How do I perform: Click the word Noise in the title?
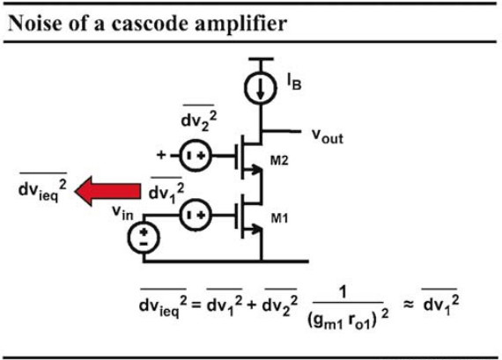(x=34, y=24)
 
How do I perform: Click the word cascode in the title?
(x=150, y=24)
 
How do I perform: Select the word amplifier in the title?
(x=240, y=25)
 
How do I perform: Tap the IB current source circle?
(x=261, y=87)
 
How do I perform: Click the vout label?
(x=328, y=136)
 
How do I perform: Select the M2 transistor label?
(x=279, y=160)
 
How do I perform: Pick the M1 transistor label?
(x=279, y=218)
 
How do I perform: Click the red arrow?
(x=107, y=191)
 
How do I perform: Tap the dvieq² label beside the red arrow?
(x=42, y=187)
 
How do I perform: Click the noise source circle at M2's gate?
(x=196, y=156)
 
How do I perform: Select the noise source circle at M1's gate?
(x=196, y=215)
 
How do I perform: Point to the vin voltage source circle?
(x=143, y=238)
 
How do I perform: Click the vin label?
(x=122, y=211)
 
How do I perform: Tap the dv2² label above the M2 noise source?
(x=198, y=119)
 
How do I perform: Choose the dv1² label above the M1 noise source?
(x=166, y=190)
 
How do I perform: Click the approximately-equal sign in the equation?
(x=408, y=305)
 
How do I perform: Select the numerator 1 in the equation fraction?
(x=344, y=293)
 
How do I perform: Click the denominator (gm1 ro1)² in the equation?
(x=348, y=318)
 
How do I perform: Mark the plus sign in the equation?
(x=252, y=305)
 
